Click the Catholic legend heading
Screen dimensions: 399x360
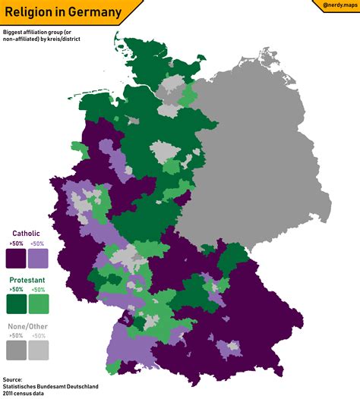(26, 233)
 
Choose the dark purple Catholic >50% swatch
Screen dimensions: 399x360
(16, 258)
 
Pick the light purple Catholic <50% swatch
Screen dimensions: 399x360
(39, 258)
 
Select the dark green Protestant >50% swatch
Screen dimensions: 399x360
(16, 304)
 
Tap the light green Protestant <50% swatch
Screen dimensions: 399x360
(39, 304)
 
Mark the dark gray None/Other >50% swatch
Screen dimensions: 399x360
(16, 350)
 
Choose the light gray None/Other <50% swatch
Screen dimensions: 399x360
(39, 350)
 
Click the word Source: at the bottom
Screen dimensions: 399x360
(13, 379)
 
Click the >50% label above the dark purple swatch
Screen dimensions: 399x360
(16, 243)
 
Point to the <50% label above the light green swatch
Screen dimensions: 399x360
(39, 290)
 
